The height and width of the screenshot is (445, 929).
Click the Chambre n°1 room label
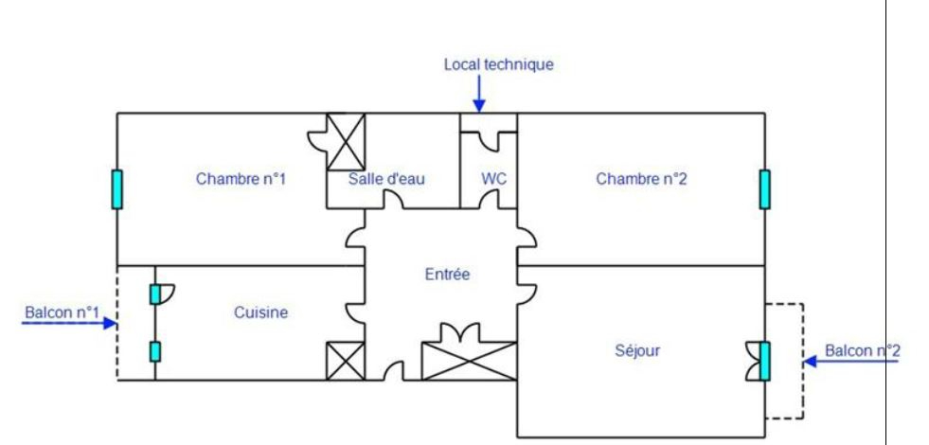(241, 178)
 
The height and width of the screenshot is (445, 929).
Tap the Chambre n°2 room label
(641, 178)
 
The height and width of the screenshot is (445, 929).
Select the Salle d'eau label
(386, 179)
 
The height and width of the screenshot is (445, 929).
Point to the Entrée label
(447, 275)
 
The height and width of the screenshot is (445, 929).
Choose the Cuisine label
(260, 311)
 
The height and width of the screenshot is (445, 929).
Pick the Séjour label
(637, 350)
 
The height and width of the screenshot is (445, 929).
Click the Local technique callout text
(498, 64)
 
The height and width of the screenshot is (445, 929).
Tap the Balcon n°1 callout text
(62, 311)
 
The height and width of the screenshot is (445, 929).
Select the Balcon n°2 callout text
(863, 350)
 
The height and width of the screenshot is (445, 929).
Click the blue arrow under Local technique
(479, 95)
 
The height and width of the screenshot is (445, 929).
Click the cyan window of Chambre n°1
(116, 188)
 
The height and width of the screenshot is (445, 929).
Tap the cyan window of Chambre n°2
(764, 188)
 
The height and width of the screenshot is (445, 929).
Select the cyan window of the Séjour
(764, 361)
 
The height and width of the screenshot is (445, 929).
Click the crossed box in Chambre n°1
(346, 140)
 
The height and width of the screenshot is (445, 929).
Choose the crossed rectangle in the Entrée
(470, 362)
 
